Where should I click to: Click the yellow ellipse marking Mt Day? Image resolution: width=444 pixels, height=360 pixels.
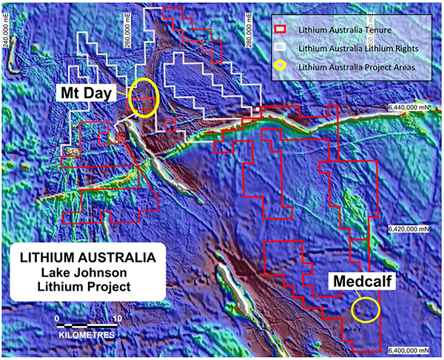(x=142, y=97)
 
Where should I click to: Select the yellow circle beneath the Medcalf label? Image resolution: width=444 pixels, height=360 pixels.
(x=366, y=309)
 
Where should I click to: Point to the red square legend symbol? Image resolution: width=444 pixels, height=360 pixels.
(x=281, y=29)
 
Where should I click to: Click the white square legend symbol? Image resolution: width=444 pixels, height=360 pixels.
(x=281, y=48)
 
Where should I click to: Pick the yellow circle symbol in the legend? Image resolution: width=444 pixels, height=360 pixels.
(x=281, y=67)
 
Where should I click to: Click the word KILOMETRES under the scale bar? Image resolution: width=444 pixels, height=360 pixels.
(x=87, y=335)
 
